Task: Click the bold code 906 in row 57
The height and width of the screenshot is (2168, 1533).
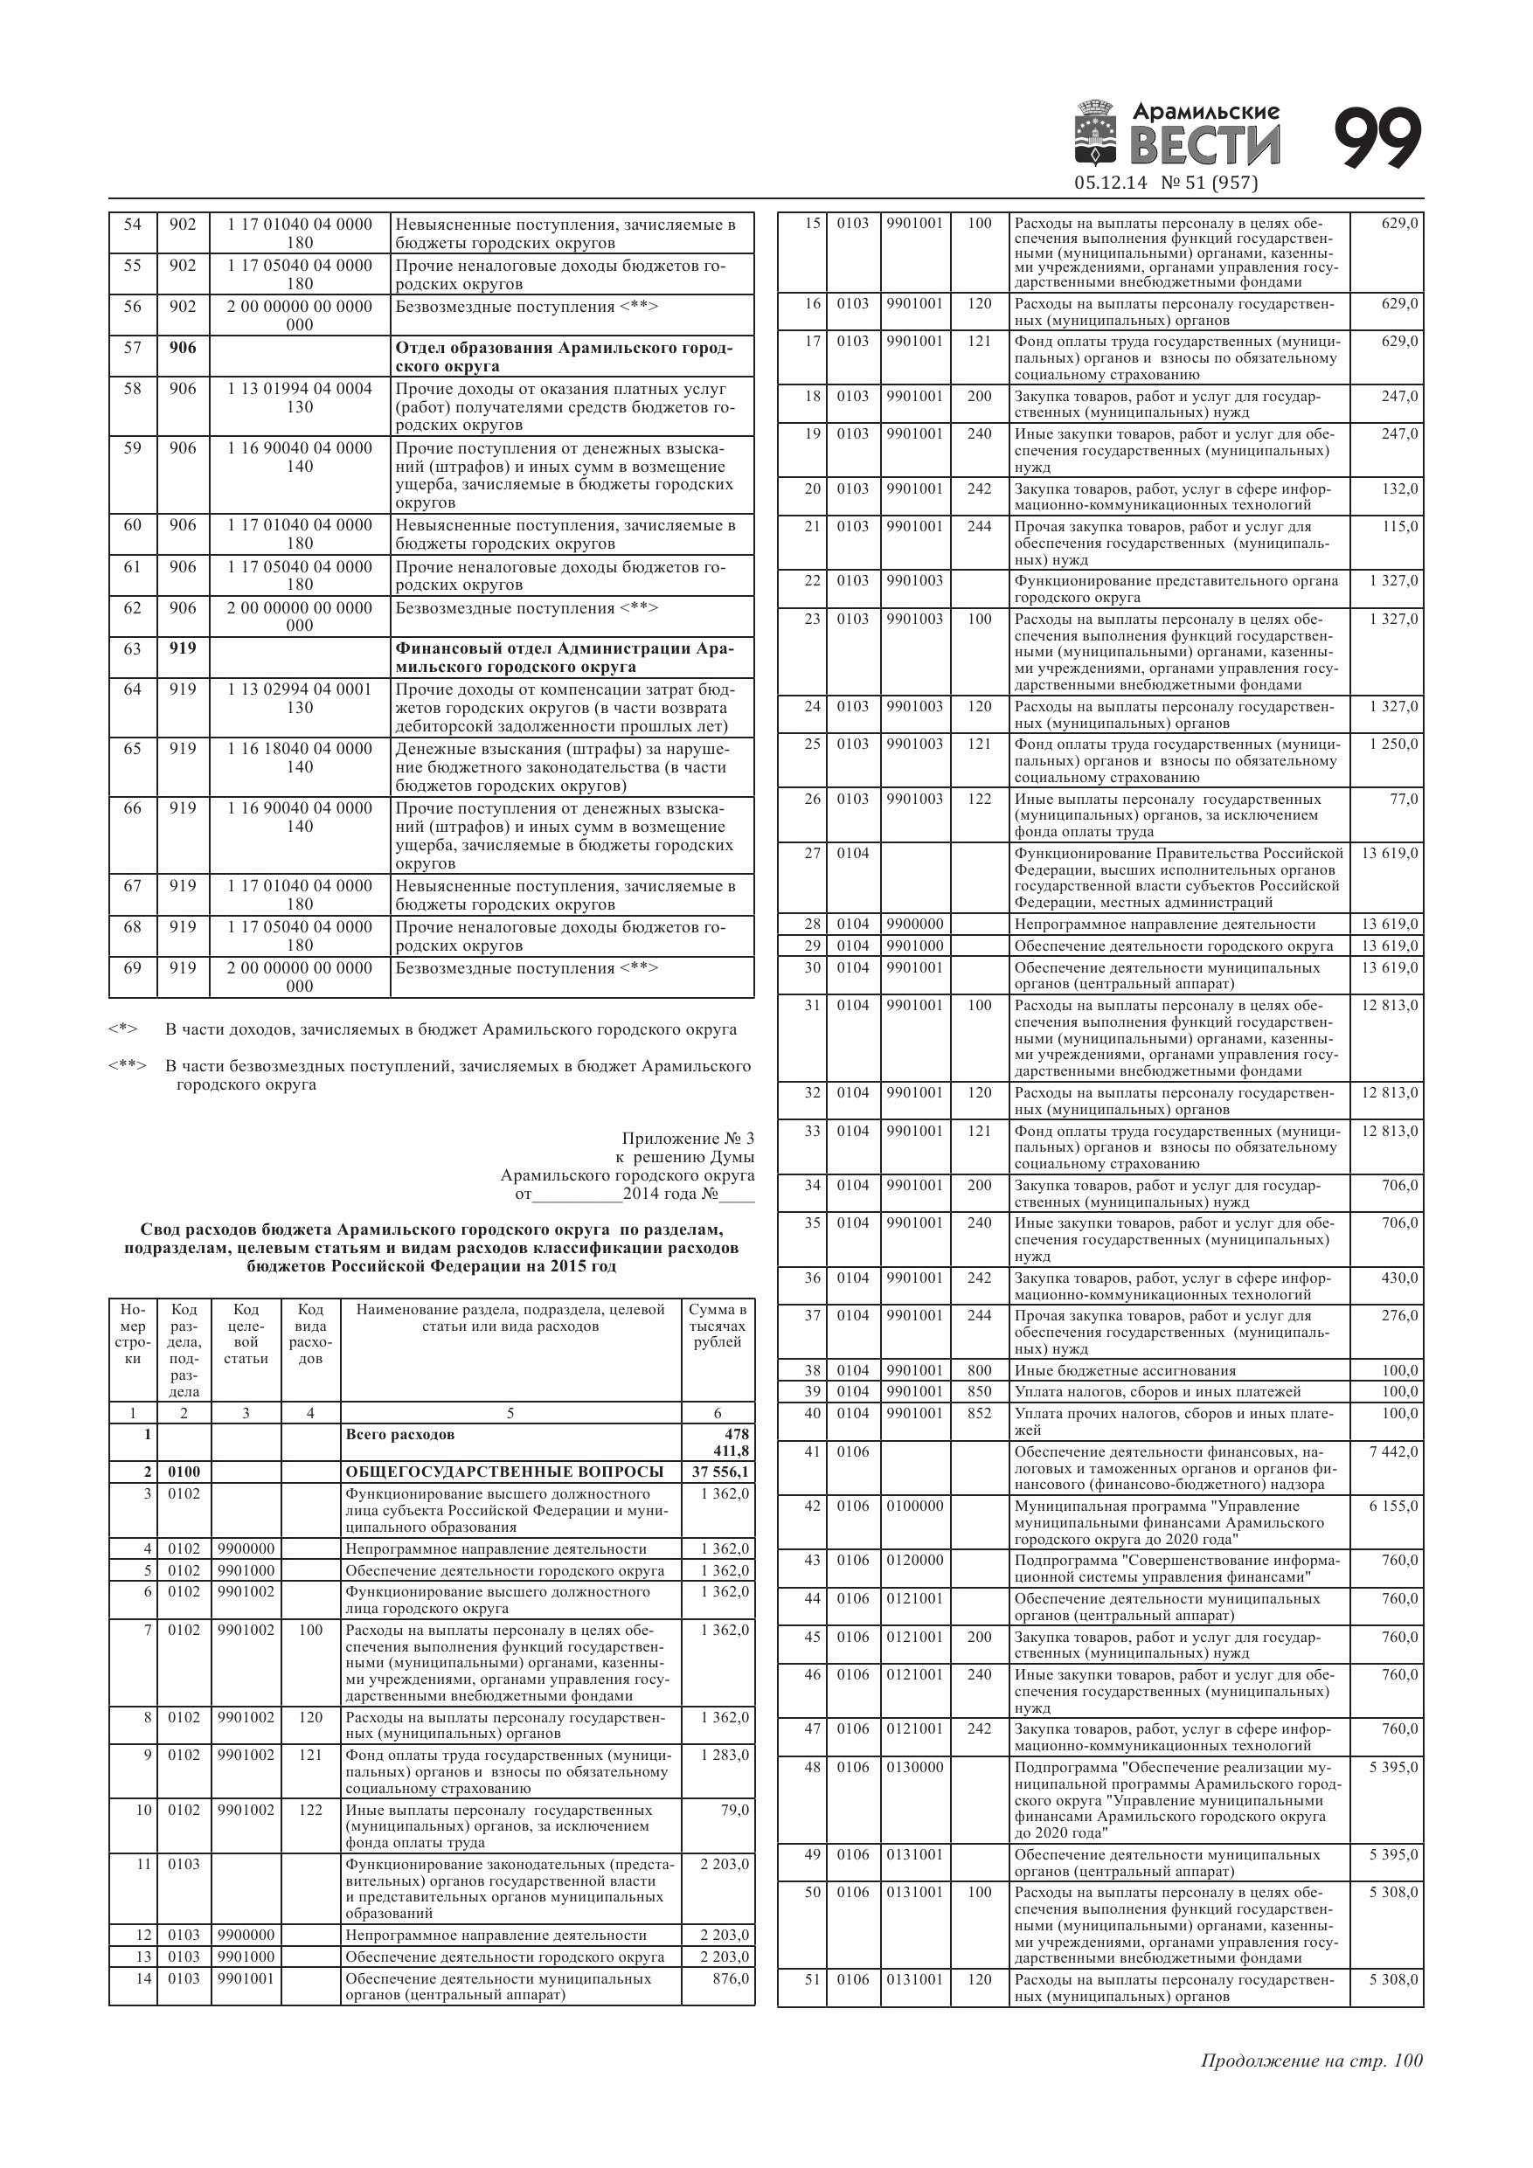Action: tap(183, 348)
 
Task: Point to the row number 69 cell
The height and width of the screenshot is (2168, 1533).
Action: tap(132, 968)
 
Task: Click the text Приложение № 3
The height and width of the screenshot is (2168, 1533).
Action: tap(688, 1139)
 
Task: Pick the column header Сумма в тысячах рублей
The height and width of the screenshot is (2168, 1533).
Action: tap(717, 1326)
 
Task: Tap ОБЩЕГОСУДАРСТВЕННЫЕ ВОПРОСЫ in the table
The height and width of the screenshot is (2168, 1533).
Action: tap(504, 1472)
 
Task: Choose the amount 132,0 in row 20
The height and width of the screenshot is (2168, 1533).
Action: tap(1400, 489)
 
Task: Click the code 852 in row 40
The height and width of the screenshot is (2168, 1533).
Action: tap(980, 1414)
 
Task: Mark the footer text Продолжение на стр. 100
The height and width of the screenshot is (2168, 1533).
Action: tap(1311, 2061)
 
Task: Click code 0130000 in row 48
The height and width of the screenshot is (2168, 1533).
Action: tap(914, 1767)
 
